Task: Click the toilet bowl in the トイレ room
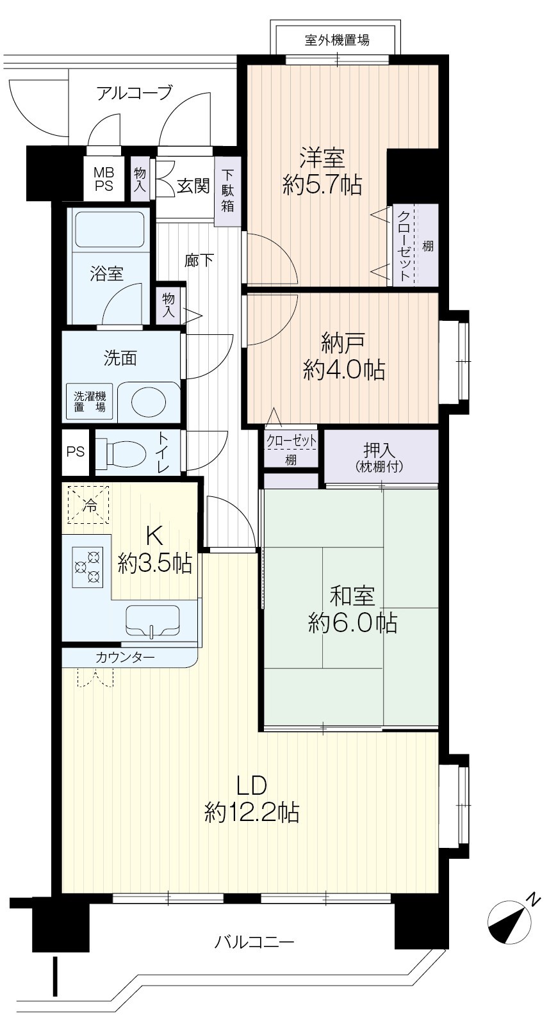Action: pyautogui.click(x=121, y=453)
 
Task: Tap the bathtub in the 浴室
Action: pyautogui.click(x=110, y=231)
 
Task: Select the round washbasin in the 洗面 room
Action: pyautogui.click(x=149, y=402)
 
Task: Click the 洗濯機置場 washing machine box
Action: pyautogui.click(x=90, y=402)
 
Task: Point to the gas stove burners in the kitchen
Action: pyautogui.click(x=87, y=566)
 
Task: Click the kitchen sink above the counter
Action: pyautogui.click(x=152, y=621)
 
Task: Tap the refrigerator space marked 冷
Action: pyautogui.click(x=88, y=505)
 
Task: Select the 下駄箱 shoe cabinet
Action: pyautogui.click(x=227, y=191)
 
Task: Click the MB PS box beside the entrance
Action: pyautogui.click(x=103, y=180)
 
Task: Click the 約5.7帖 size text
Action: pyautogui.click(x=323, y=186)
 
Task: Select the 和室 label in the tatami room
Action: pyautogui.click(x=352, y=596)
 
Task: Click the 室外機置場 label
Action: pyautogui.click(x=337, y=41)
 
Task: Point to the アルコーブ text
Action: pyautogui.click(x=135, y=93)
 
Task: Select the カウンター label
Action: pyautogui.click(x=126, y=658)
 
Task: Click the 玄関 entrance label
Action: pyautogui.click(x=193, y=186)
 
